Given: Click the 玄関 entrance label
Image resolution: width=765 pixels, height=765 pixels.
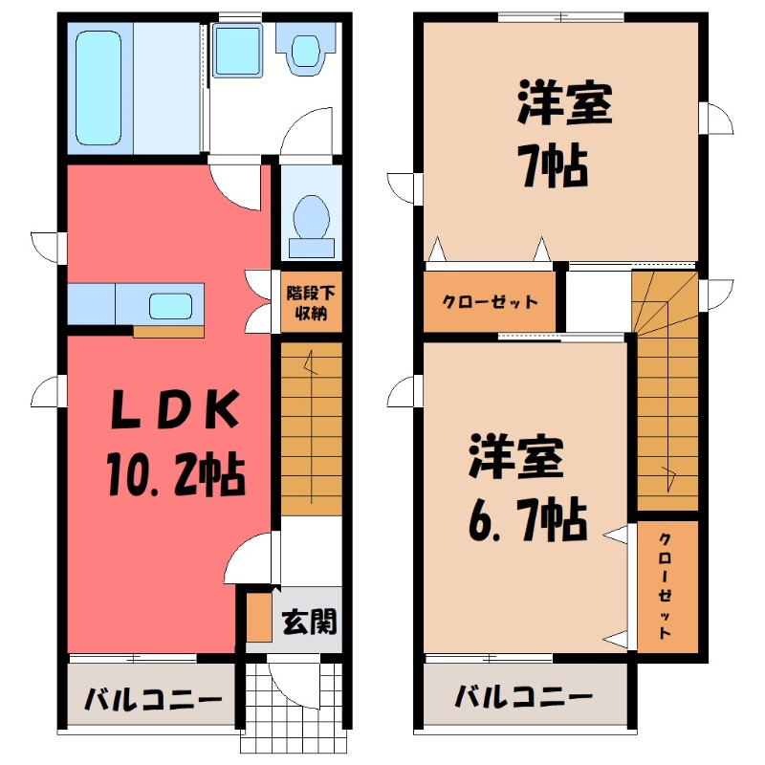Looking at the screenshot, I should [x=308, y=623].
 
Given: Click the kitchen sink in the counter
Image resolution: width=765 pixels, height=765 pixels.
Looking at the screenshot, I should [x=173, y=305].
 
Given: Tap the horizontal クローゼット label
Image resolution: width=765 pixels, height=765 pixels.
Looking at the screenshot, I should [x=490, y=302].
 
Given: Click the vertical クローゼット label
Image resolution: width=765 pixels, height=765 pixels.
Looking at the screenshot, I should [x=666, y=585].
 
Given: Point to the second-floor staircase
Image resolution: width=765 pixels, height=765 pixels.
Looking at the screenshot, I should [x=667, y=402].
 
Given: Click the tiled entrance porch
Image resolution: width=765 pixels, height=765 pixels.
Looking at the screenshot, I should [x=292, y=708].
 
